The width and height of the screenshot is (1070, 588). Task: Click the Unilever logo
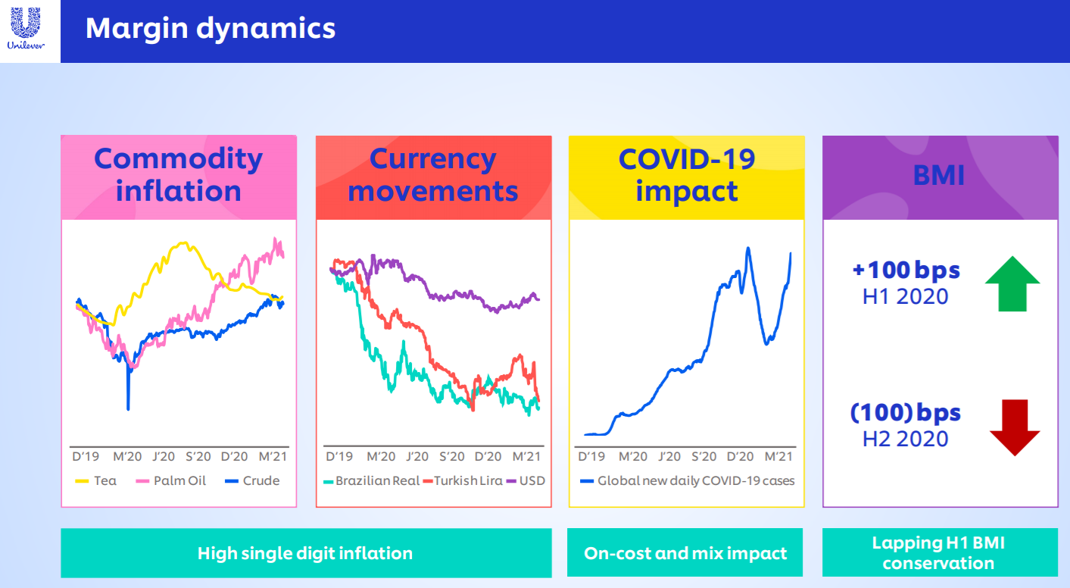(x=26, y=29)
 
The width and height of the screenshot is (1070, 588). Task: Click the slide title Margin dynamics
(x=211, y=28)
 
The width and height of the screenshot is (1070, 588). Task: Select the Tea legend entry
(x=95, y=480)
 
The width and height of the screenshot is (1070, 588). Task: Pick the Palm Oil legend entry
(x=170, y=480)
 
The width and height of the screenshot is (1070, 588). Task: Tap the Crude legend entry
(x=252, y=480)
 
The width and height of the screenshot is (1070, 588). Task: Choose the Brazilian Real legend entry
(x=371, y=480)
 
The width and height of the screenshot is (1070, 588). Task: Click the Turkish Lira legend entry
(x=463, y=480)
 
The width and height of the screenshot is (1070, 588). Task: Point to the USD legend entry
(x=526, y=480)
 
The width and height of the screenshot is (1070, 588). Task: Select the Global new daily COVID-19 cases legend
(x=687, y=480)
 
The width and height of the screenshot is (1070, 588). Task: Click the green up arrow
(x=1012, y=284)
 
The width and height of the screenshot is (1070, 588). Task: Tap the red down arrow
(x=1015, y=427)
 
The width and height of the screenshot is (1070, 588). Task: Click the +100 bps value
(x=906, y=270)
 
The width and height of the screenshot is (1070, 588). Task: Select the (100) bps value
(x=905, y=412)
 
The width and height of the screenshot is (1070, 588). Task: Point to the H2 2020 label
(x=905, y=439)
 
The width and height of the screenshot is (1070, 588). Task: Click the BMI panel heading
(x=939, y=176)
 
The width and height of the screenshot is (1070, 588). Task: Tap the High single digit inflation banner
(x=306, y=553)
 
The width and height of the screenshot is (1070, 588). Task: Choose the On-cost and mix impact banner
(x=685, y=553)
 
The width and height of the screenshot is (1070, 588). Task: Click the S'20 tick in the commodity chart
(x=198, y=457)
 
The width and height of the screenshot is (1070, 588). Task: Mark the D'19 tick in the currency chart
(x=339, y=457)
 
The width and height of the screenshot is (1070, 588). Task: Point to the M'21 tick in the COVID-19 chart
(x=778, y=457)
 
